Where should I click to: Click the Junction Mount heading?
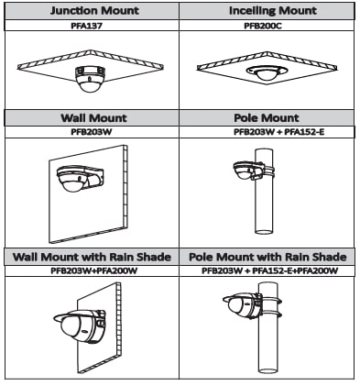tap(94, 11)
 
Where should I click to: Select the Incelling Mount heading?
tap(273, 11)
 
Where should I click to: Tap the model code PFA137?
tap(86, 26)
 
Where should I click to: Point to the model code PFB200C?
tap(263, 26)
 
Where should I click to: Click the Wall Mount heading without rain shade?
tap(93, 118)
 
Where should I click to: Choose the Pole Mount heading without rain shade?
tap(267, 118)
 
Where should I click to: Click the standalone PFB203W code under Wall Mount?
tap(92, 132)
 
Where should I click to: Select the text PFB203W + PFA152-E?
tap(278, 132)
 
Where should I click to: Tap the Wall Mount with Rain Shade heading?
tap(92, 257)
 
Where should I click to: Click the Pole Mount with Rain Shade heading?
tap(267, 257)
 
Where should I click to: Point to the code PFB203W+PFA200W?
tap(94, 270)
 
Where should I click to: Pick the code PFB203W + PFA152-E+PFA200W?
tap(270, 270)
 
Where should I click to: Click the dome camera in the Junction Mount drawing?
tap(90, 79)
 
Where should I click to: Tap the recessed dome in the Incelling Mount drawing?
tap(267, 72)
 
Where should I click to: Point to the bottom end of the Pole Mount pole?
tap(264, 231)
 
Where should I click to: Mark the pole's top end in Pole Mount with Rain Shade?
tap(268, 284)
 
